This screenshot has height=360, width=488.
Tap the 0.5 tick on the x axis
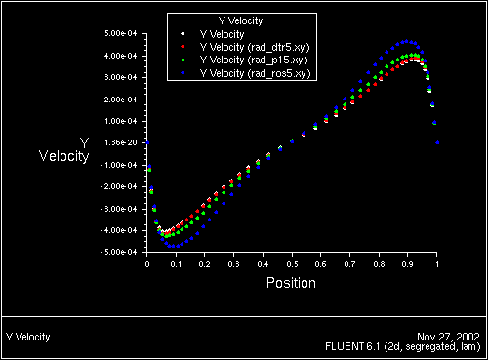pyautogui.click(x=292, y=263)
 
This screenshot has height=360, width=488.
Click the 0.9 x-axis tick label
pyautogui.click(x=408, y=263)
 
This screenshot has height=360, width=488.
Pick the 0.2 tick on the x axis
pyautogui.click(x=205, y=263)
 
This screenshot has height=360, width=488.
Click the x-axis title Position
pyautogui.click(x=292, y=283)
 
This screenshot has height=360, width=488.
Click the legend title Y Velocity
pyautogui.click(x=238, y=20)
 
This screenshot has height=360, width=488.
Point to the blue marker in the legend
pyautogui.click(x=182, y=74)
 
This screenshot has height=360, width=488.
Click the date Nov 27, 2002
pyautogui.click(x=454, y=337)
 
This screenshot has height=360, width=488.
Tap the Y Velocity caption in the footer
pyautogui.click(x=28, y=337)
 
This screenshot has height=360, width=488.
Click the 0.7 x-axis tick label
pyautogui.click(x=349, y=263)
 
